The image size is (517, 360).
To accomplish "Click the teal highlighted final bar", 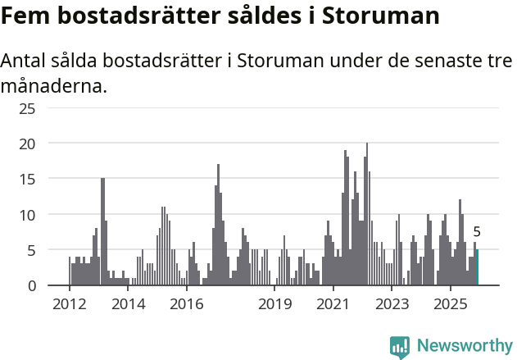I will [x=477, y=267].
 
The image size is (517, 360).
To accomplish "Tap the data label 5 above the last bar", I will [x=477, y=232].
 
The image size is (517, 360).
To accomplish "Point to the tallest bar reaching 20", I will [x=366, y=215].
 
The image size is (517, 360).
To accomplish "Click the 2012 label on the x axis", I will [x=69, y=305].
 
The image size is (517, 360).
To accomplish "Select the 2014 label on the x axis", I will [x=128, y=305].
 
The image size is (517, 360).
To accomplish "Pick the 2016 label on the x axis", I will [x=187, y=305].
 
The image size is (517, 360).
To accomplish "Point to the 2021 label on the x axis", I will [x=333, y=305].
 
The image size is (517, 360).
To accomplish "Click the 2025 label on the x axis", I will [x=451, y=305].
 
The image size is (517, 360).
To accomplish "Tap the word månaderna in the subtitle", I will [x=54, y=84].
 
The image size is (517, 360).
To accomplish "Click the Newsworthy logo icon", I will [x=400, y=346].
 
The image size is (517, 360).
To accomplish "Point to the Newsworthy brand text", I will [x=465, y=346].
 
